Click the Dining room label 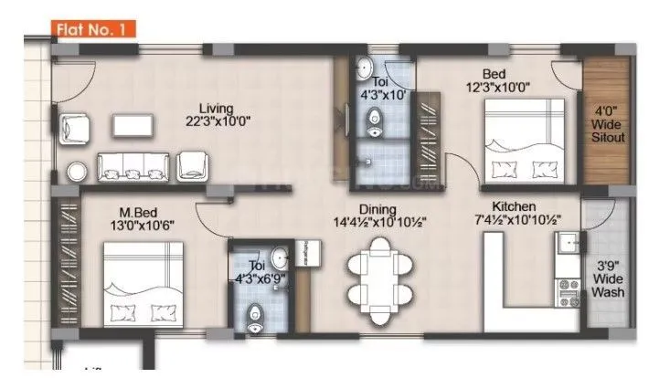coord(382,207)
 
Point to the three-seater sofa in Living coord(133,165)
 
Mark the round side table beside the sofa coord(75,170)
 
